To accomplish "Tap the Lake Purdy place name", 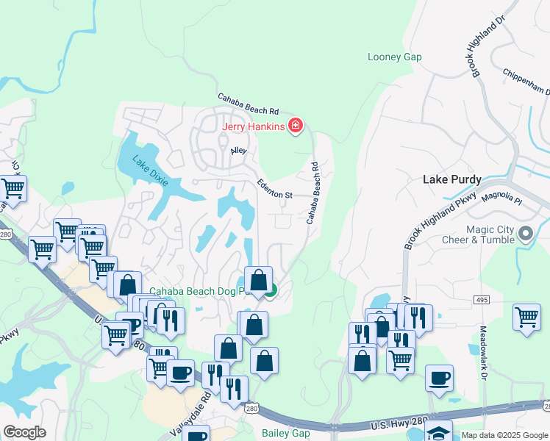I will tap(451, 179).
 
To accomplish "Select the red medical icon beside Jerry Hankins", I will tap(296, 126).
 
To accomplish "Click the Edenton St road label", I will tap(275, 189).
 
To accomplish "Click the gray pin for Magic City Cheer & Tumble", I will tap(526, 235).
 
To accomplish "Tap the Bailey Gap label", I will tap(286, 433).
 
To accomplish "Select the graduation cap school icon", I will tap(438, 431).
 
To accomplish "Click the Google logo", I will tap(24, 432).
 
